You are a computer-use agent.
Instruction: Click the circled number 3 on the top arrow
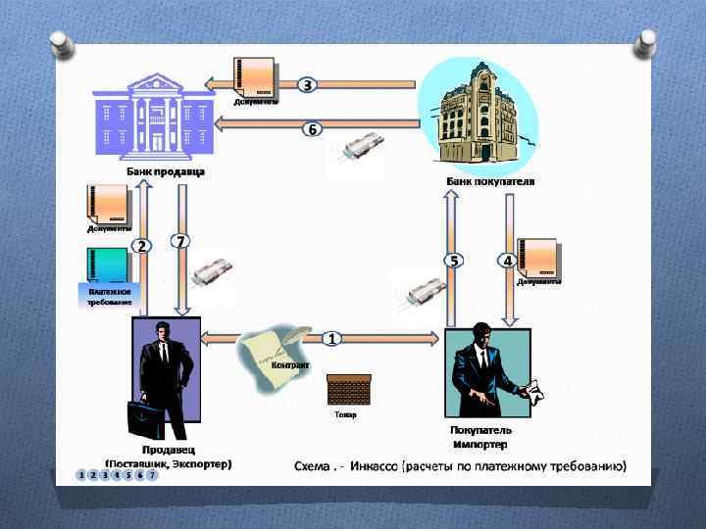307,85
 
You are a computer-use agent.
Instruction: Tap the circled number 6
312,129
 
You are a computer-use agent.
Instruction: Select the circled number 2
142,246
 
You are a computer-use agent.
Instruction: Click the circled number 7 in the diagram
179,240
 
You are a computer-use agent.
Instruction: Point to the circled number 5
453,260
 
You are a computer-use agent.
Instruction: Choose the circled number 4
507,260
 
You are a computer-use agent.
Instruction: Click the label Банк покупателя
491,181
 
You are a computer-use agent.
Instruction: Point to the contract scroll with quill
267,359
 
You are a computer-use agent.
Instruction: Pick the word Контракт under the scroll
290,366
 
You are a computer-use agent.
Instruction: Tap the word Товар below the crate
345,414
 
